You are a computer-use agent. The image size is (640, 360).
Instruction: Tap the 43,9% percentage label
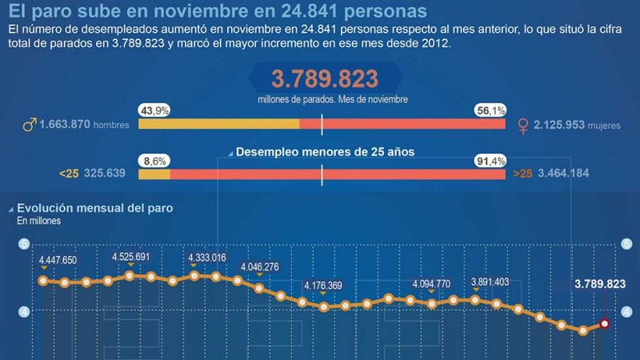click(154, 111)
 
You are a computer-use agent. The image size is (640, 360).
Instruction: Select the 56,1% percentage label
click(490, 111)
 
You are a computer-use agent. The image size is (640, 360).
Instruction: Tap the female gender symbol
click(525, 126)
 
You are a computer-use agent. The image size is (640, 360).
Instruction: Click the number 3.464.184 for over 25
click(566, 173)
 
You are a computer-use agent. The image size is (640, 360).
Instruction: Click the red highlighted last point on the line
click(605, 324)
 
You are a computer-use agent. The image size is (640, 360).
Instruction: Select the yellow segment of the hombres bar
click(219, 124)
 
